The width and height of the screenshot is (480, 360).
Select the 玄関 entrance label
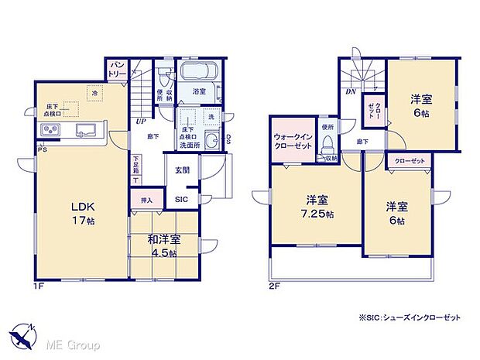pos(181,171)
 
